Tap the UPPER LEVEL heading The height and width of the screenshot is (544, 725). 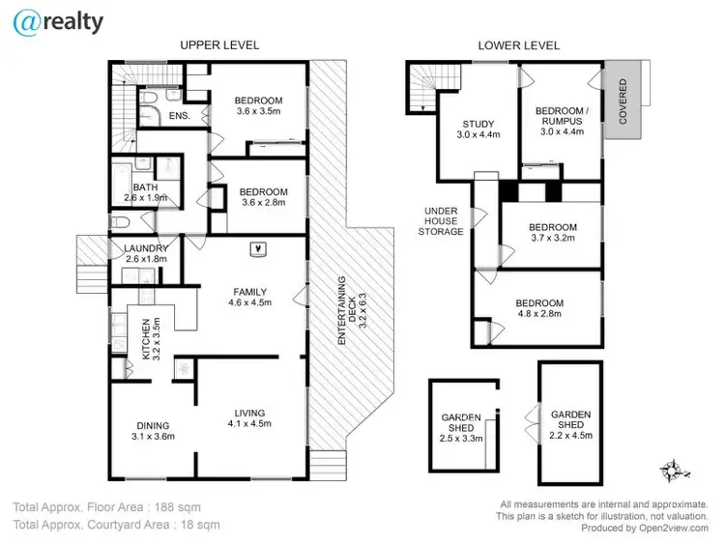pos(219,45)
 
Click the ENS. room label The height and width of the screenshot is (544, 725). pos(179,117)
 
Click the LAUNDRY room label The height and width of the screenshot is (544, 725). pos(146,253)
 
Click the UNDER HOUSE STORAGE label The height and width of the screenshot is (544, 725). pos(445,221)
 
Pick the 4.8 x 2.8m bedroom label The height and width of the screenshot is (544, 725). pos(539,309)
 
